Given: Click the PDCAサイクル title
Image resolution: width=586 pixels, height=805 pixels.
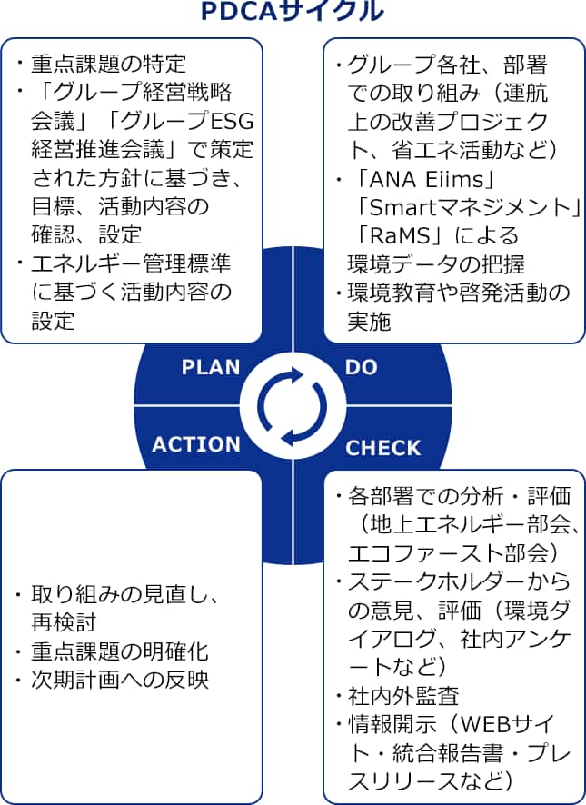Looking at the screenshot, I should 292,13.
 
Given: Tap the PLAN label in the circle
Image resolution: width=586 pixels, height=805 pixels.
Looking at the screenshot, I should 211,367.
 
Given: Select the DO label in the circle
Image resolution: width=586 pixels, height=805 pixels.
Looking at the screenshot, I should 361,367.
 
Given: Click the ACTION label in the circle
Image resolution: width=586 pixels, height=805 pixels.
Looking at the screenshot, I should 196,444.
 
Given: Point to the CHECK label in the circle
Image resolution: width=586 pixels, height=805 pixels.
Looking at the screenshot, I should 383,447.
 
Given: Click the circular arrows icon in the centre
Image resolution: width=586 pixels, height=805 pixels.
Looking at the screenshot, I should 293,405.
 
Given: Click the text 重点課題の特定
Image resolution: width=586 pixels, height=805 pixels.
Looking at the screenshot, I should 108,64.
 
